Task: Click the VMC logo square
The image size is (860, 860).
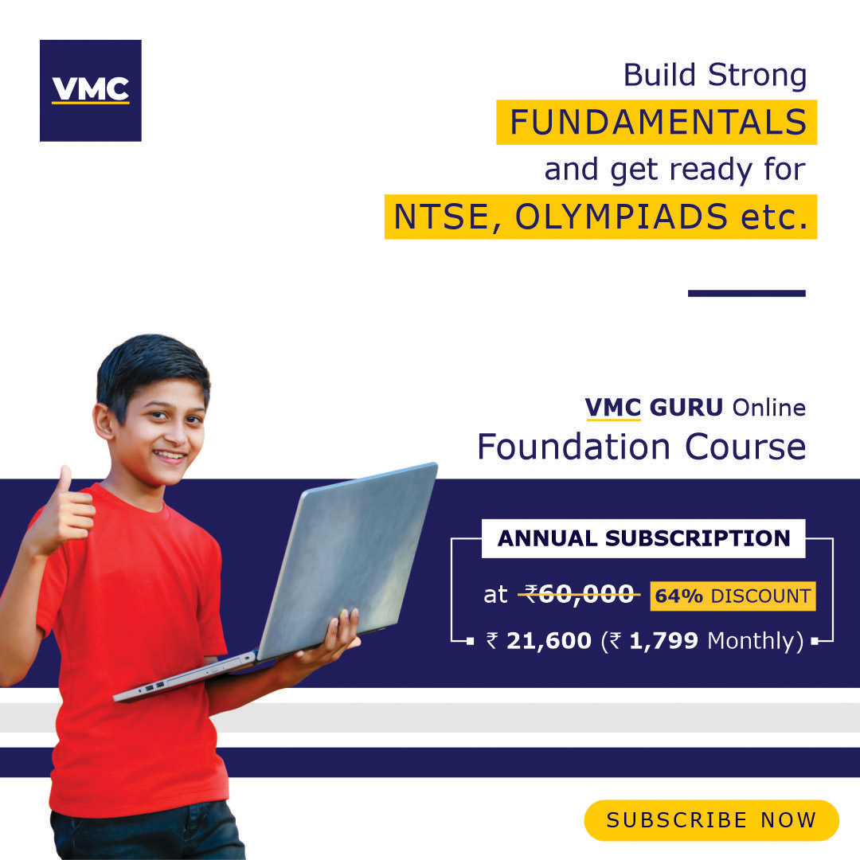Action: [x=91, y=91]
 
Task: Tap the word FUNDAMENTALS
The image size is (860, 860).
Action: [x=659, y=122]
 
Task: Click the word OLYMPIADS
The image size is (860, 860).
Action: [x=621, y=217]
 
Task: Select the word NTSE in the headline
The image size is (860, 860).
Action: [x=440, y=217]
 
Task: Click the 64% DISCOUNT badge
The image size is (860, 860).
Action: [x=733, y=596]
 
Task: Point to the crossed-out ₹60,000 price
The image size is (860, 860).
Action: [x=580, y=595]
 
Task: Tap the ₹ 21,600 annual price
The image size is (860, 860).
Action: [x=538, y=640]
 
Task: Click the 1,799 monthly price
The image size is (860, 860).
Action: [x=663, y=640]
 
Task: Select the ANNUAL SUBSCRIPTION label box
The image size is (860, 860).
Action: [x=643, y=538]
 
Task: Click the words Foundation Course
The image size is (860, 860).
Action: [x=642, y=447]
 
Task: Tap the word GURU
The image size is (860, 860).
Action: [x=686, y=408]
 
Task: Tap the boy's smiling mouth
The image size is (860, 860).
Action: [x=170, y=455]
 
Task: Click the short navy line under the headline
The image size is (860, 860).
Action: [x=746, y=293]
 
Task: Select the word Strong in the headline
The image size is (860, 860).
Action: [x=757, y=75]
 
